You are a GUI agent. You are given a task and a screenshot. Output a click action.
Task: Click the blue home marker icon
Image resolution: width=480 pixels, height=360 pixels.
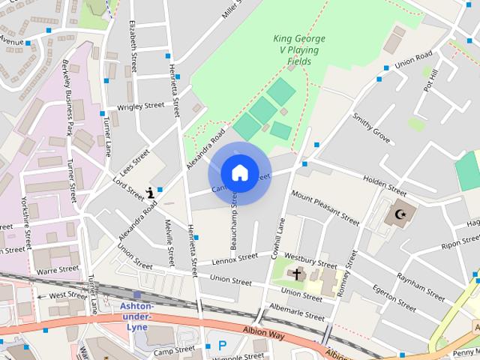pyautogui.click(x=239, y=173)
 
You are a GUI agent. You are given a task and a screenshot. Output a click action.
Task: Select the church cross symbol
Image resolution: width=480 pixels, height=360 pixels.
pyautogui.click(x=296, y=274)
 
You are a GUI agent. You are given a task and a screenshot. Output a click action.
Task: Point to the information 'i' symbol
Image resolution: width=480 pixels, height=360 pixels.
pyautogui.click(x=151, y=192)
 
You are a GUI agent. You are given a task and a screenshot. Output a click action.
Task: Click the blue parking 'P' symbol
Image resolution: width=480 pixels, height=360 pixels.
pyautogui.click(x=222, y=346)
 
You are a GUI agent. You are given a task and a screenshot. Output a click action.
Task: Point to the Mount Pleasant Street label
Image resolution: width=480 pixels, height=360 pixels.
pyautogui.click(x=325, y=208)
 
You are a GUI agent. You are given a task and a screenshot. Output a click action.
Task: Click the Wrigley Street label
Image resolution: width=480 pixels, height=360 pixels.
pyautogui.click(x=140, y=106)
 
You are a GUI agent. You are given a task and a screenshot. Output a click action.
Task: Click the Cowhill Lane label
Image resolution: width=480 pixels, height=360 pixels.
pyautogui.click(x=276, y=238)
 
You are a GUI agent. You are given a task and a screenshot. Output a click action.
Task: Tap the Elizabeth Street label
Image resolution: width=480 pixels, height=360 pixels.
pyautogui.click(x=133, y=46)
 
